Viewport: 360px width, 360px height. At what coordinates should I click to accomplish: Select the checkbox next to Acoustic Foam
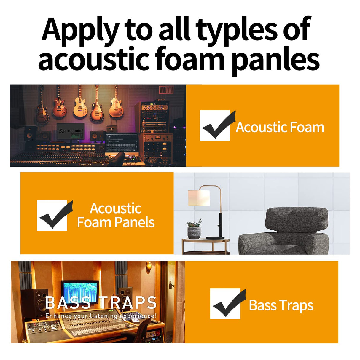point(215,126)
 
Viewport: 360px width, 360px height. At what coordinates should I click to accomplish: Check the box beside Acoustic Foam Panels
point(52,215)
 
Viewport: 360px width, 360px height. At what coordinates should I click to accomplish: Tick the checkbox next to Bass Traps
point(225,304)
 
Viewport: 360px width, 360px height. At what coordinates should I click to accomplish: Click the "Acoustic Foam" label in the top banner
point(280,127)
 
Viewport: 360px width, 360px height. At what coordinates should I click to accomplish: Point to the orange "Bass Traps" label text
point(281,305)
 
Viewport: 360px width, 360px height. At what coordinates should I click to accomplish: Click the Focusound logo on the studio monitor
point(71,131)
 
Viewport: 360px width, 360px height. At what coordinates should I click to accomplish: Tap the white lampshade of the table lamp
point(199,197)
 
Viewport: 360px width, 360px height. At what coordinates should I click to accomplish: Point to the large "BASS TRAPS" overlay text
point(101,302)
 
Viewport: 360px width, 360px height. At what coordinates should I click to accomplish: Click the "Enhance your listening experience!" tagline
point(101,316)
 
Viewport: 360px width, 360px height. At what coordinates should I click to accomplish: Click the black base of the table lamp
point(215,238)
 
